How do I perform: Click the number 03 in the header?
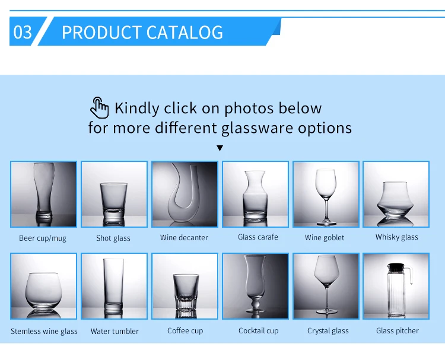tap(23, 32)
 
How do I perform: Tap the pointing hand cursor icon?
tap(99, 108)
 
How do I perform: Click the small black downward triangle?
tap(220, 148)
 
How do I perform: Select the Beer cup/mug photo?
tap(43, 195)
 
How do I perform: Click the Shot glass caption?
tap(113, 238)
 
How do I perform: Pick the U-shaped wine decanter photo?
tap(185, 195)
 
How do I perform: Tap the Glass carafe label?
tap(258, 237)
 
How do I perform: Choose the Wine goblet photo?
tap(326, 195)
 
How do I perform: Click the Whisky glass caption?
tap(397, 237)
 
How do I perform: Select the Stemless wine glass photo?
tap(43, 286)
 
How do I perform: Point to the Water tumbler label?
tap(115, 331)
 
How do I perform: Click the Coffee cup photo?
tap(185, 286)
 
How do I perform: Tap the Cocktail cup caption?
tap(259, 330)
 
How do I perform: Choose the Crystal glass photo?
tap(326, 286)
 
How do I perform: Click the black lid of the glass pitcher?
tap(396, 267)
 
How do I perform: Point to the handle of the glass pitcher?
tap(408, 275)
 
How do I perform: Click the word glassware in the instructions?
tap(257, 128)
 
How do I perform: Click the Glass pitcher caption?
tap(398, 330)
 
